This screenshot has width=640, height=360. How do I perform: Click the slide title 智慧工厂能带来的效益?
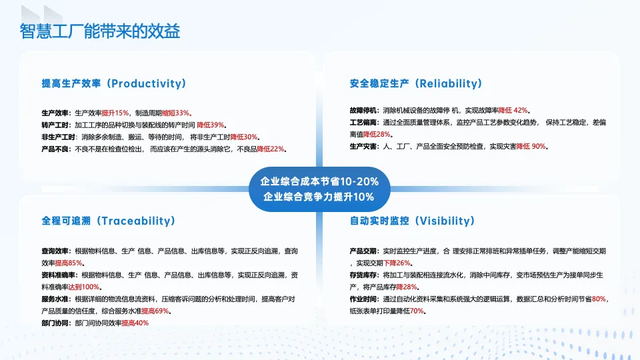[100, 31]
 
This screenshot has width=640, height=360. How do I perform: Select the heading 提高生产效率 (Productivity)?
[114, 84]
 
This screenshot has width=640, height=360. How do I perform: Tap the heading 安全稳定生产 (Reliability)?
[416, 84]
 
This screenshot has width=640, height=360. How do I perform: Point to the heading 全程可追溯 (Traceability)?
[109, 221]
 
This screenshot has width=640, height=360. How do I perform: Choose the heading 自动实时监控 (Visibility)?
[412, 221]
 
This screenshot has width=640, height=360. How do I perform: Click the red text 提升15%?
[115, 113]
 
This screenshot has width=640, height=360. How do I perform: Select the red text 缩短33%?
[176, 113]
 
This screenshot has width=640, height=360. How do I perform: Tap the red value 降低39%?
[211, 125]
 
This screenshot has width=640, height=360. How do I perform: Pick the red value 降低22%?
[271, 149]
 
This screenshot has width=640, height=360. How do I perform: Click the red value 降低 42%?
[513, 110]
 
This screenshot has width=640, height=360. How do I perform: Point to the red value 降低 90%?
[531, 146]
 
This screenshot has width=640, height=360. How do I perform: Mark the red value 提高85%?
[69, 263]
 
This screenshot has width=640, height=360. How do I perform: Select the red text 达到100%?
[84, 287]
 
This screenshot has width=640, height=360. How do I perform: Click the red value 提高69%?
[155, 311]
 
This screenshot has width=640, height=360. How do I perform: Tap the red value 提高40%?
[135, 323]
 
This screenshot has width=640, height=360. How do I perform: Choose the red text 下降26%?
[397, 263]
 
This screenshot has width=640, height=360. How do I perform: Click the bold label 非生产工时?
[59, 137]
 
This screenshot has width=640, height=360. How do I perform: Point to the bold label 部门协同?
[55, 323]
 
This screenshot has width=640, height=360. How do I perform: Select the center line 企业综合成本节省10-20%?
[319, 181]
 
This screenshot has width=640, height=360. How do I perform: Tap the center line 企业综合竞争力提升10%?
[319, 197]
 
